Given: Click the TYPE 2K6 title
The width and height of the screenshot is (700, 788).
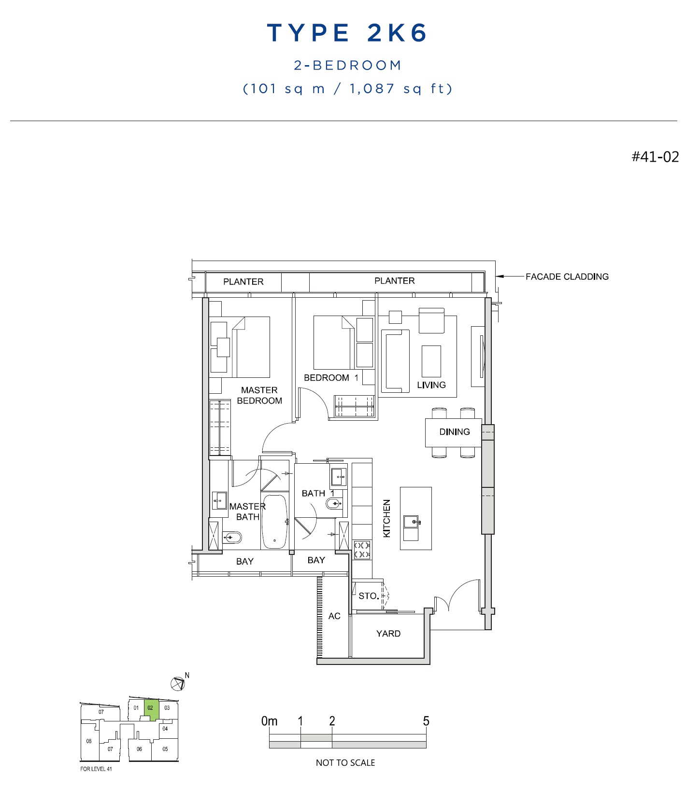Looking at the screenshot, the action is pos(347,33).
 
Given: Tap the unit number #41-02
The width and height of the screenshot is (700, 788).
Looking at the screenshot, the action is pos(655,157).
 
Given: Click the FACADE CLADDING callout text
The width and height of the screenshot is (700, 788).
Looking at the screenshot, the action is pos(567,276).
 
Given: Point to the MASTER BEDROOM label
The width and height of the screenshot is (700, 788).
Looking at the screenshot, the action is pos(259,395).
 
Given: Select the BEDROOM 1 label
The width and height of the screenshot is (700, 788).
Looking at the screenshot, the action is pos(331,378).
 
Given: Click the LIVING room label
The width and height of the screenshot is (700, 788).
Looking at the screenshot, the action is pos(431,385).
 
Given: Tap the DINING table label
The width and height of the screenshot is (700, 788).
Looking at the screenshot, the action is pos(455,432).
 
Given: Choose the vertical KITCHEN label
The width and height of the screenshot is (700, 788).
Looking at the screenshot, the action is pos(386,518).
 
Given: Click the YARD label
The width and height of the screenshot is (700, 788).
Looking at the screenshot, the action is pos(388,634).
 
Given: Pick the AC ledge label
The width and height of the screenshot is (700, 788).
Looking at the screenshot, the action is pos(334,616).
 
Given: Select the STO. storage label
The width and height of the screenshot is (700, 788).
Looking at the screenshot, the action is pos(369,596).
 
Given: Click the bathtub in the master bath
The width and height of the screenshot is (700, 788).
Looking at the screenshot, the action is pos(274,522).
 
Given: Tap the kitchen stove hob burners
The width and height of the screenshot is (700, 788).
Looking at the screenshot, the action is pos(362,550).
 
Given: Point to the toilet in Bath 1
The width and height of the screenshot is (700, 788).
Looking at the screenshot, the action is pos(335,504).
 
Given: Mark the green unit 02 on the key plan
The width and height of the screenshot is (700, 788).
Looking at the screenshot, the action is pos(151,709).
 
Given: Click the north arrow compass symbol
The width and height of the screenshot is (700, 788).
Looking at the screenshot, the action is pos(178,683).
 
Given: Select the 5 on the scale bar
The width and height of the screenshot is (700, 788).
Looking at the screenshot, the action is pos(426,721).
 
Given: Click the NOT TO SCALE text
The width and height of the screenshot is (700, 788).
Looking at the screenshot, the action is pos(345,762).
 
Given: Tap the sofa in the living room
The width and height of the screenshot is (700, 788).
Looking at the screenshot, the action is pos(395,361).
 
